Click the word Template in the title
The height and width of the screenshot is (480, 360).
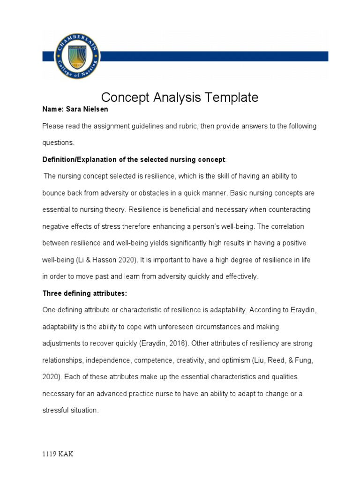[x=229, y=97]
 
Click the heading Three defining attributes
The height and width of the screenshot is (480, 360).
[x=85, y=293]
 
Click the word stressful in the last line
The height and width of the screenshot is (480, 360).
[x=55, y=410]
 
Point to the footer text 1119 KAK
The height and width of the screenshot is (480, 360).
[x=58, y=454]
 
